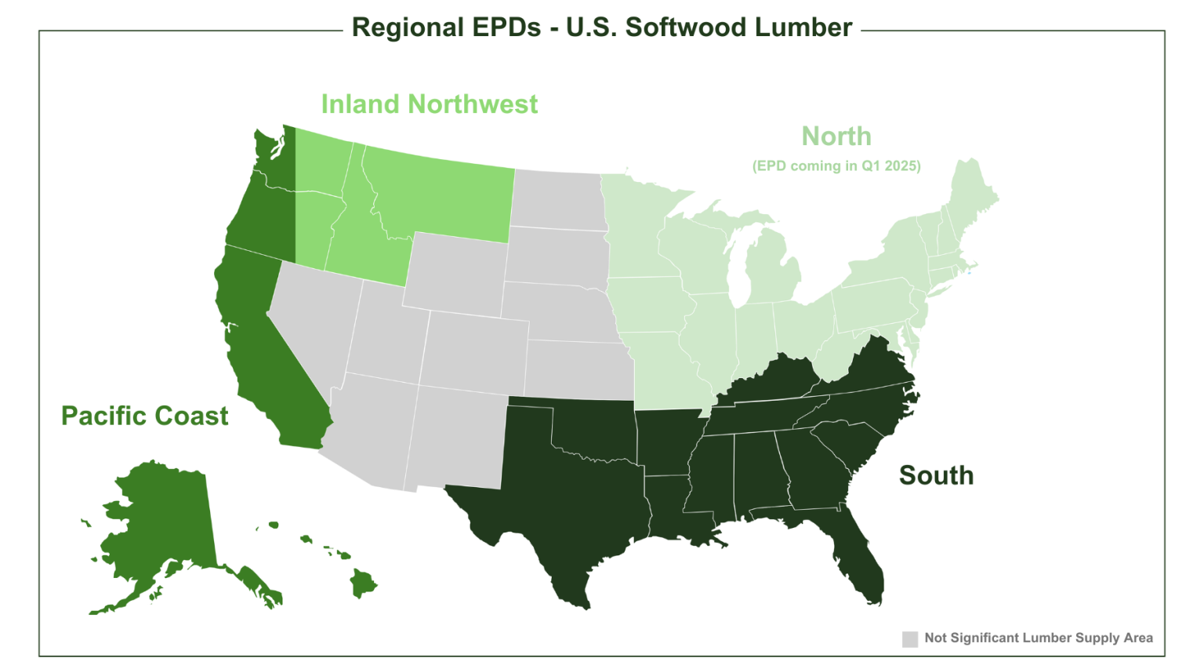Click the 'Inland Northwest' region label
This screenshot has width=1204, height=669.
pos(429,104)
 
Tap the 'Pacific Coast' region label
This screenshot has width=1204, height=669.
pos(145,416)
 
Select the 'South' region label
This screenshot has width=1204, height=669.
pos(936,475)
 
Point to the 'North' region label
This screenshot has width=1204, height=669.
pos(836,136)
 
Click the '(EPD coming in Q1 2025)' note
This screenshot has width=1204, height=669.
pos(836,166)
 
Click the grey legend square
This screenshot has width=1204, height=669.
pos(910,639)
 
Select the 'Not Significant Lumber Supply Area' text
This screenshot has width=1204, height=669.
pos(1039,638)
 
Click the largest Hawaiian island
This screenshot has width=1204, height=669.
pos(363,584)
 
